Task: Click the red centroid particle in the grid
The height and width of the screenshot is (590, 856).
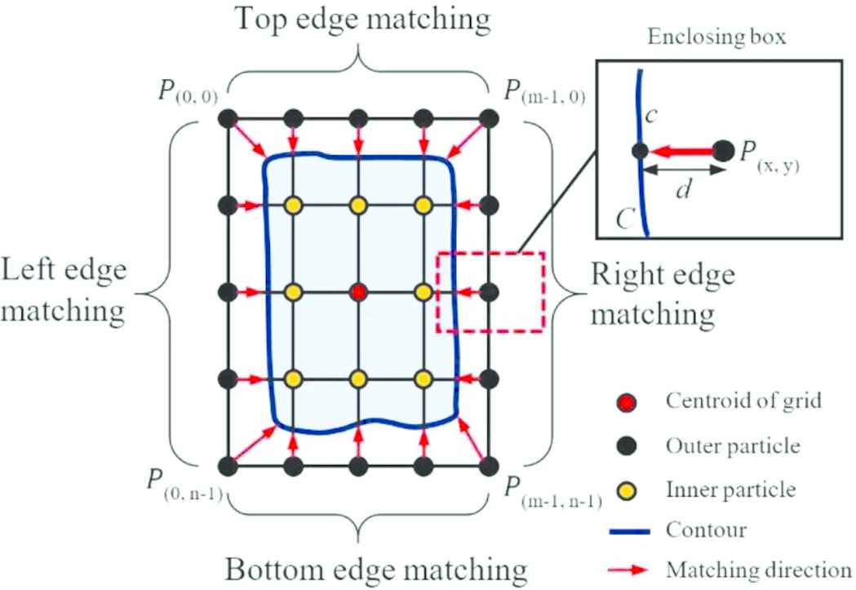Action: [357, 291]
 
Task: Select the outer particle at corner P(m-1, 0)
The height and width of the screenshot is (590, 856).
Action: [488, 118]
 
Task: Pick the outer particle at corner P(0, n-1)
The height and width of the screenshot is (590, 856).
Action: [228, 466]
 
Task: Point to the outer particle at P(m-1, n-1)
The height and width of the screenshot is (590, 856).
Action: [488, 466]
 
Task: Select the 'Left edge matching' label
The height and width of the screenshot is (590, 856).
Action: [64, 291]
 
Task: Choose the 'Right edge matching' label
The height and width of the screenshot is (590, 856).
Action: [662, 292]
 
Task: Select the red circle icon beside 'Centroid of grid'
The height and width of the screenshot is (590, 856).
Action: [626, 401]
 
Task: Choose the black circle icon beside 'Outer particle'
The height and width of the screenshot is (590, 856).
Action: [626, 446]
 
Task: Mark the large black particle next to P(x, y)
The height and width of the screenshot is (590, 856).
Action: [723, 151]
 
